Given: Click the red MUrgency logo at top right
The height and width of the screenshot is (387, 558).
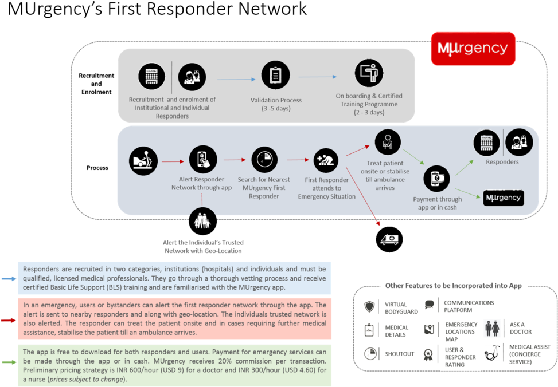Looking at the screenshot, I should (473, 48).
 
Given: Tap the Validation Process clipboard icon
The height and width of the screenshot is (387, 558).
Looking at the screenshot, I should (275, 75).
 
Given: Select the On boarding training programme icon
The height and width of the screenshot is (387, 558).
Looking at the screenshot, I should (369, 73).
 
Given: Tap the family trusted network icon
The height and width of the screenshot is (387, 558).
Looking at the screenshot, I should (202, 220).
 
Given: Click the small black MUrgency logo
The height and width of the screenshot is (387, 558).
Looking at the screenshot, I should (503, 198).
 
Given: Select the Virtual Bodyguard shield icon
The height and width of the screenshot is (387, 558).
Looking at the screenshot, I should (370, 307).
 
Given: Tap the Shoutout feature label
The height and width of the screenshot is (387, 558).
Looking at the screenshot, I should (400, 354).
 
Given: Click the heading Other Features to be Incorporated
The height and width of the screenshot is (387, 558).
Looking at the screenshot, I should (454, 285).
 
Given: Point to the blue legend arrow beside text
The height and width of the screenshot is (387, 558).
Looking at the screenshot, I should (8, 278).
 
